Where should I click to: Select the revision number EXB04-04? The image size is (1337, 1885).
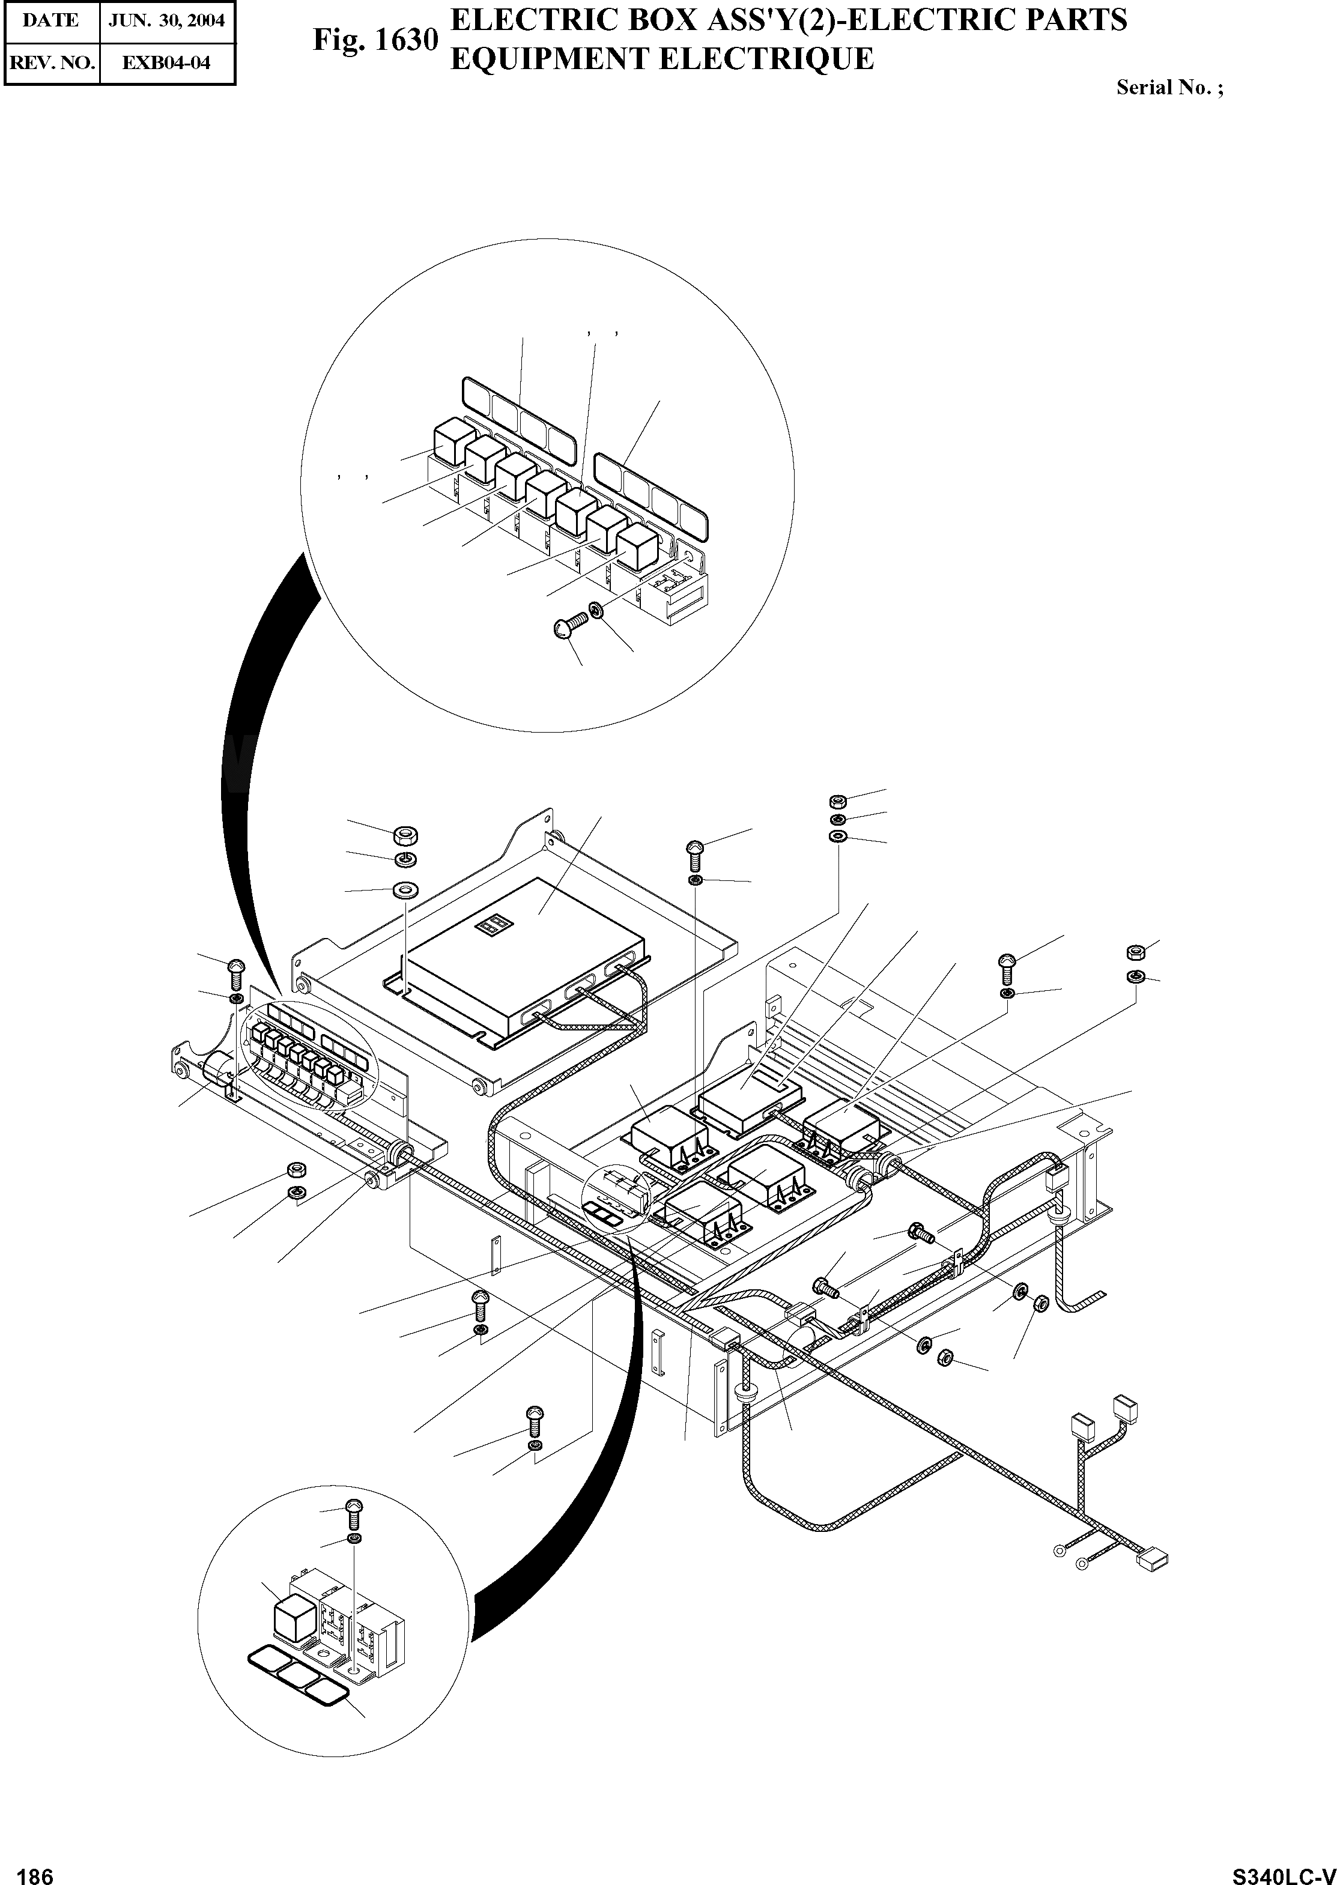click(x=167, y=62)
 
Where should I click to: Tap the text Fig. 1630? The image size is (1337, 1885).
click(x=375, y=40)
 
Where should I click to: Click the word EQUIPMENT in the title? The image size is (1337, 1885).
click(x=551, y=59)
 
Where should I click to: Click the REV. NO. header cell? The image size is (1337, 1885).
click(x=51, y=62)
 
